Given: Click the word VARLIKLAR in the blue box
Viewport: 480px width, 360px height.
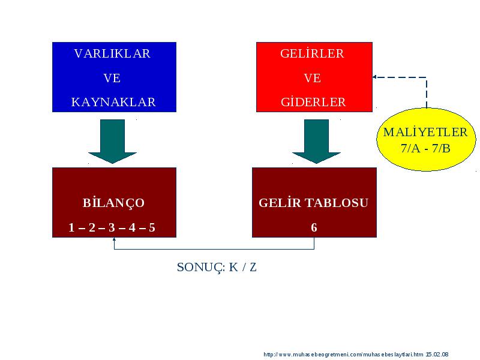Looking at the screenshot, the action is (x=112, y=53).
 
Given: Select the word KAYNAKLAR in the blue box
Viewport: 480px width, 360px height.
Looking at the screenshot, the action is (x=113, y=102).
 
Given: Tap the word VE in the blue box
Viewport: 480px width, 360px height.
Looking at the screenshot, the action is (x=112, y=78).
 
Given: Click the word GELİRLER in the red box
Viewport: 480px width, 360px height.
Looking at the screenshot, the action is (x=312, y=53).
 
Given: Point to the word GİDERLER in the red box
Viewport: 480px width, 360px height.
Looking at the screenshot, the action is (x=313, y=101).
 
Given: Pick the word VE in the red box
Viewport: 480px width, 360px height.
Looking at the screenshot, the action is (x=312, y=78).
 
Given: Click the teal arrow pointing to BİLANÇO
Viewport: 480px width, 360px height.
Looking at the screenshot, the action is (x=112, y=142).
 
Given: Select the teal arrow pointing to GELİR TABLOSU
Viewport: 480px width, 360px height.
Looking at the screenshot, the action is (x=316, y=142).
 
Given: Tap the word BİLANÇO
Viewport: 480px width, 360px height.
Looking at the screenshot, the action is (x=113, y=203).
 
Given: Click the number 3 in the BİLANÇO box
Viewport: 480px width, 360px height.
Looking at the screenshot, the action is (x=112, y=227).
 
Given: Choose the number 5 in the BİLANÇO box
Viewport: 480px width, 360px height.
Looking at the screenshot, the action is (x=152, y=227).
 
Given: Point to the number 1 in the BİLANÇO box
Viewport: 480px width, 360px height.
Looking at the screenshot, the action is (x=71, y=227).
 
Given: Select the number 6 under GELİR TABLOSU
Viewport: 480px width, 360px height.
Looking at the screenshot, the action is (x=314, y=227).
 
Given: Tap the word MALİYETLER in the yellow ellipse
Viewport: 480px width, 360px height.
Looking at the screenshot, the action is (x=425, y=132).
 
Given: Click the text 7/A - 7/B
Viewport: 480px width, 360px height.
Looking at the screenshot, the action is (x=425, y=148).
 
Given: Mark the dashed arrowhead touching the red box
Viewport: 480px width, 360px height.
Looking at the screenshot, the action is (x=374, y=77).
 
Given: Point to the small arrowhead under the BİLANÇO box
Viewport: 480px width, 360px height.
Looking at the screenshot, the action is (x=114, y=239).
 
